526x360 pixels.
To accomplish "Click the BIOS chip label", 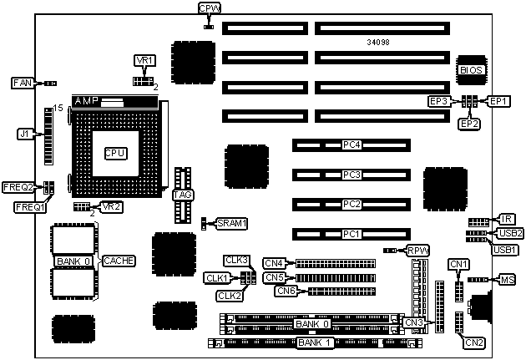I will point(472,70).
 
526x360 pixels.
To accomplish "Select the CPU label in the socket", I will point(114,153).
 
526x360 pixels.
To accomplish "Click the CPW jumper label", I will point(210,8).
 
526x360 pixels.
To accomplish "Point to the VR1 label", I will point(144,60).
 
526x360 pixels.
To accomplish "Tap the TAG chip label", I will point(184,195).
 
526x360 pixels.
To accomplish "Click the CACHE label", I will point(118,261).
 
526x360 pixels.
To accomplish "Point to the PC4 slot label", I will point(352,145).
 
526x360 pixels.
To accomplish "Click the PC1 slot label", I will point(352,234).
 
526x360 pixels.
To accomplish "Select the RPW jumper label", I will point(417,250).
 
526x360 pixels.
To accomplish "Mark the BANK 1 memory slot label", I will point(315,342).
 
